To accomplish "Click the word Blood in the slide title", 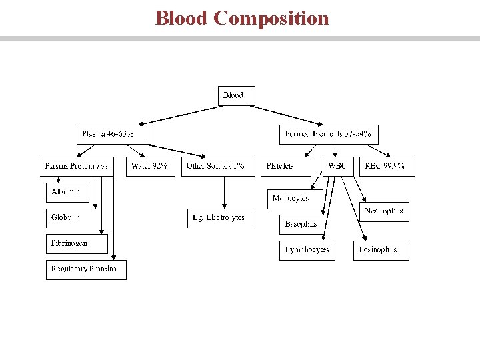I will (x=181, y=18).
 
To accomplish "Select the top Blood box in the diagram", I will (x=236, y=95).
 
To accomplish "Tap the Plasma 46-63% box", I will (x=113, y=134).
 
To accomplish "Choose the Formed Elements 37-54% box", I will (x=328, y=134).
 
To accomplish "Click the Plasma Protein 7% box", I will (x=76, y=166).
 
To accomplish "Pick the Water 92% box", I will (x=149, y=166).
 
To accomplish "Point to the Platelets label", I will (x=281, y=166).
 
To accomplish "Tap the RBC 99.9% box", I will (x=387, y=166).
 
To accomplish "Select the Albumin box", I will (x=66, y=192).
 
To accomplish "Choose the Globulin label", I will (x=66, y=217).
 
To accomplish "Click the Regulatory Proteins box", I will (x=85, y=269).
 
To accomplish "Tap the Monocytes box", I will (x=292, y=199).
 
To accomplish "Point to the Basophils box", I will (x=301, y=224).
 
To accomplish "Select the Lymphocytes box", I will (x=307, y=250).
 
